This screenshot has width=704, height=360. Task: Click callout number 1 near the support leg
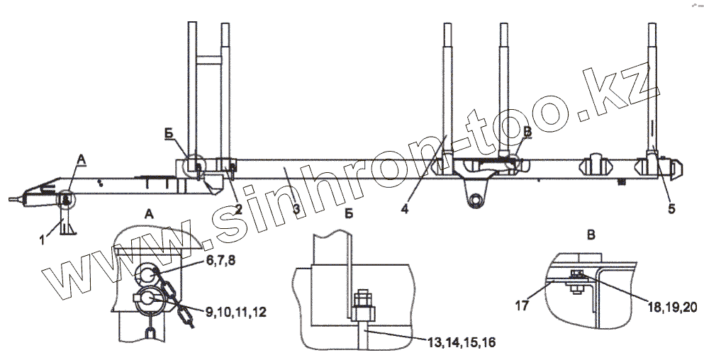43,240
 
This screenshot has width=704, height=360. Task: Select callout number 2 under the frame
238,210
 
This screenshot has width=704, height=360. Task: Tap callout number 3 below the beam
296,209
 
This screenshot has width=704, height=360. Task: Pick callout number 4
405,209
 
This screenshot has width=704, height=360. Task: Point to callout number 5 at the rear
671,209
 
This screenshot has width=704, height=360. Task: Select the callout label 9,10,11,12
236,312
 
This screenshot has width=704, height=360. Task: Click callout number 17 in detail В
523,305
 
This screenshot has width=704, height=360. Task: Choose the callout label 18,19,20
671,307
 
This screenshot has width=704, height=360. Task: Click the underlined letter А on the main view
81,159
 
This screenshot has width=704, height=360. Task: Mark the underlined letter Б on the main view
169,133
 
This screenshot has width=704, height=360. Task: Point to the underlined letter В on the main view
528,132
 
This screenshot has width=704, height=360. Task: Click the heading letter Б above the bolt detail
349,214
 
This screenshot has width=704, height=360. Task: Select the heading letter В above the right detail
591,235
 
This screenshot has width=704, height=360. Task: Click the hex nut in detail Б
363,313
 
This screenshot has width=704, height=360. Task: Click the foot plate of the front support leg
68,232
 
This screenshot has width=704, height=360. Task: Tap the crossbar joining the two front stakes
208,60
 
